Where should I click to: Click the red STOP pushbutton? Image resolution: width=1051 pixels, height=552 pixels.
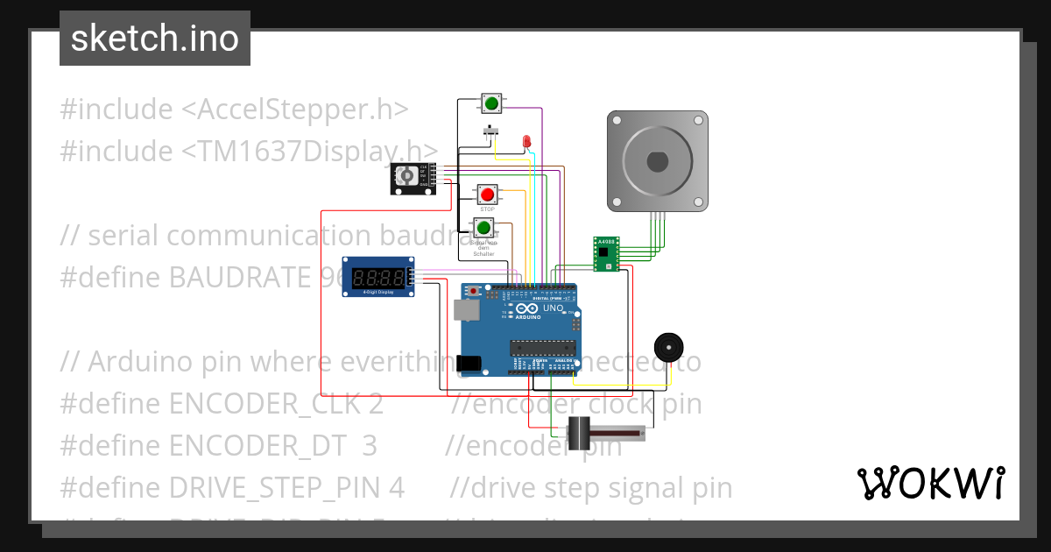(487, 194)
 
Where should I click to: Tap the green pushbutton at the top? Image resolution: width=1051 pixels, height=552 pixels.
(491, 104)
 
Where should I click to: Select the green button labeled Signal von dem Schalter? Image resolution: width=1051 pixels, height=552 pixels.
(483, 228)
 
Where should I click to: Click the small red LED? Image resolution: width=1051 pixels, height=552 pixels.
(526, 141)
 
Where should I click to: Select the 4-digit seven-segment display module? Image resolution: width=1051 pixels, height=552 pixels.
(378, 277)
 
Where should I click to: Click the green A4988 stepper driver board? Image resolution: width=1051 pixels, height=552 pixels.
(606, 253)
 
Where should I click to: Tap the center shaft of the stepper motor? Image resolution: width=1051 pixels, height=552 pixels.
(657, 162)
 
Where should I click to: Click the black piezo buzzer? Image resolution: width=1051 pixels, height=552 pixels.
(669, 347)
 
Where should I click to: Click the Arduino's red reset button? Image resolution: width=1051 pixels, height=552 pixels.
(474, 290)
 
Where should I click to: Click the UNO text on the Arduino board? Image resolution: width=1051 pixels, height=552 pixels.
(553, 308)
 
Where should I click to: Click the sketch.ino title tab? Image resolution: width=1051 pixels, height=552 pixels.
(155, 39)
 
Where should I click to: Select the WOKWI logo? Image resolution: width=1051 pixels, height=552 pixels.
(930, 483)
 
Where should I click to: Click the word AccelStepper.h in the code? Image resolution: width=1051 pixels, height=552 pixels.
(294, 110)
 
